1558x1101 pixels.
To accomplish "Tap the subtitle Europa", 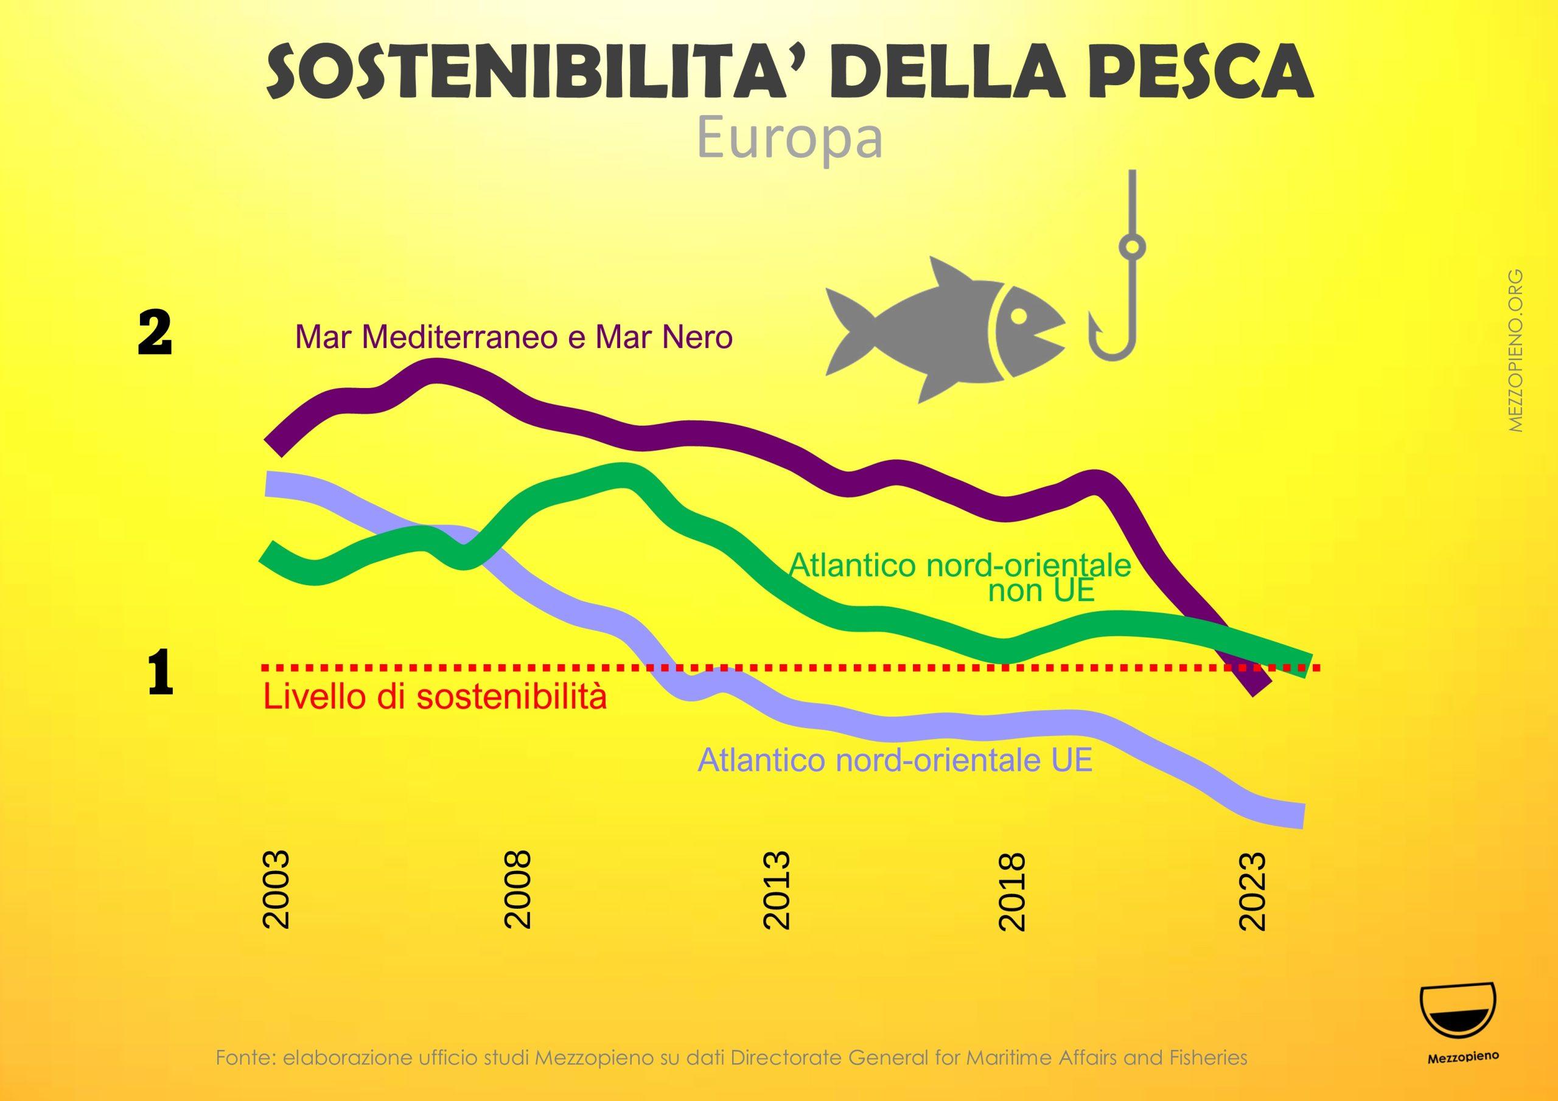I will pos(789,139).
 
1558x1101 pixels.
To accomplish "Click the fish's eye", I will pos(1019,317).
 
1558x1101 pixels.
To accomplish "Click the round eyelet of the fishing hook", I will pos(1132,247).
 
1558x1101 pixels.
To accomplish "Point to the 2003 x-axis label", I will pos(276,889).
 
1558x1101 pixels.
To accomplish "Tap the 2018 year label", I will pos(1013,889).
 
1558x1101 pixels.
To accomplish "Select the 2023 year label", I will pos(1252,889).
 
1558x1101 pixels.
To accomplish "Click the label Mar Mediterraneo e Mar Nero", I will pos(514,336).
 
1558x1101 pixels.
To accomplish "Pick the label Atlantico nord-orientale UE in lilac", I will pos(895,760).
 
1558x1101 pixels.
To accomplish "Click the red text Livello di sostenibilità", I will pos(435,696).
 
